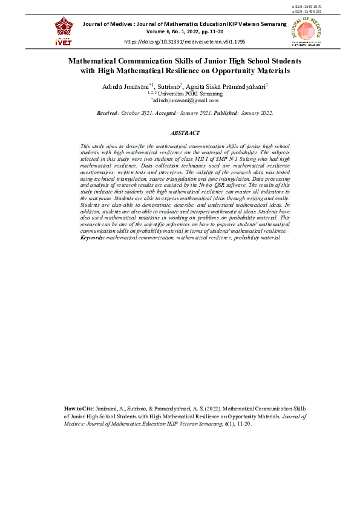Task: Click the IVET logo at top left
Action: (x=64, y=31)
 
